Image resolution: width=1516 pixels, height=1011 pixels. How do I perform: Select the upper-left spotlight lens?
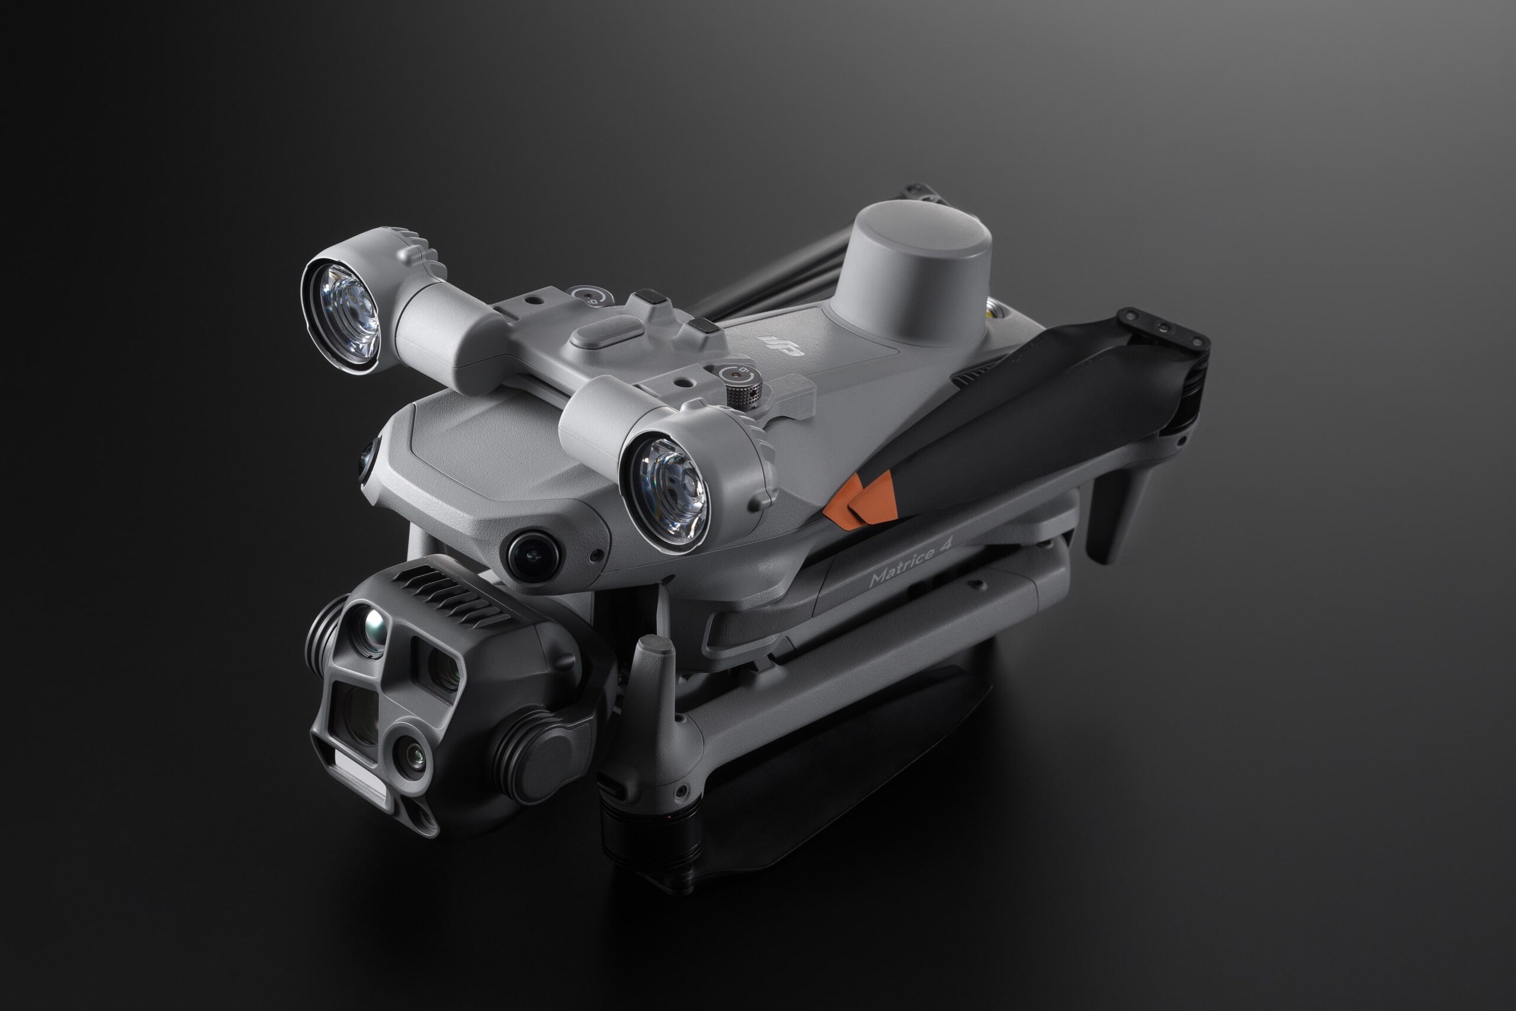click(x=342, y=306)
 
